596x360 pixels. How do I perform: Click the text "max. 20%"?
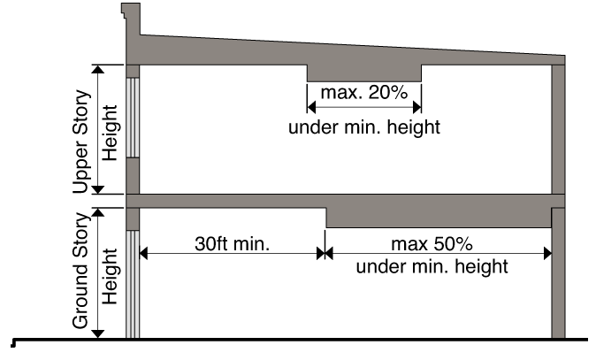click(363, 92)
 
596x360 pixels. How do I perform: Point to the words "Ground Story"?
click(81, 271)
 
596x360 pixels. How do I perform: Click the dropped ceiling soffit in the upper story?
click(363, 72)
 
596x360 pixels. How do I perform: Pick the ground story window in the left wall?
click(133, 283)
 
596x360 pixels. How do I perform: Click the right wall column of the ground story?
click(558, 274)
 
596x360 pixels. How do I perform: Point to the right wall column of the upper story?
click(558, 128)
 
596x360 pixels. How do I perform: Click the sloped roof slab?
click(354, 50)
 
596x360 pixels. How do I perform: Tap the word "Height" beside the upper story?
click(109, 129)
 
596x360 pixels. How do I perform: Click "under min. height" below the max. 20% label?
click(363, 126)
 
